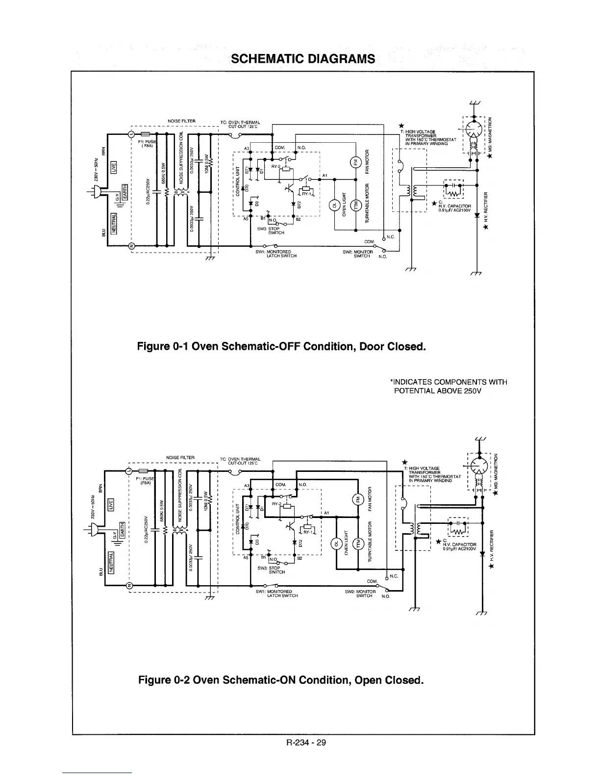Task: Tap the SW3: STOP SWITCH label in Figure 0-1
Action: [x=269, y=231]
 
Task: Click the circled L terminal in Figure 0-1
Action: [x=131, y=133]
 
